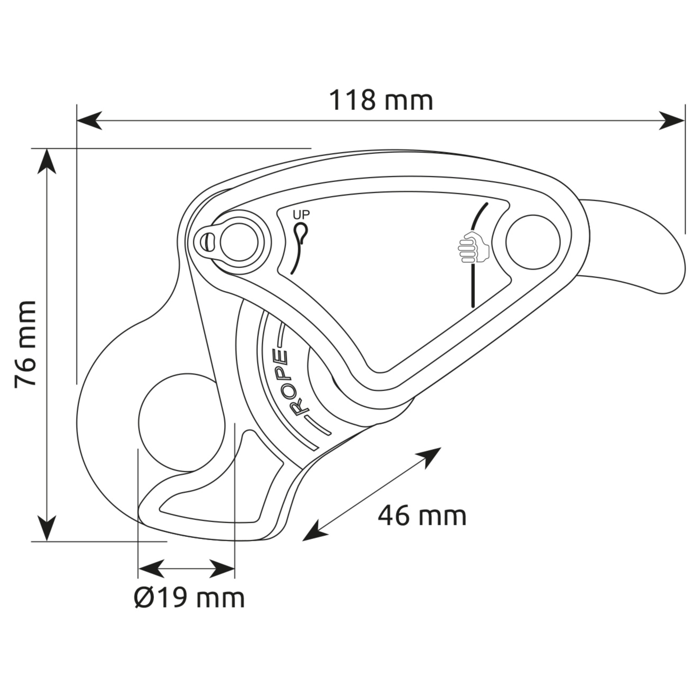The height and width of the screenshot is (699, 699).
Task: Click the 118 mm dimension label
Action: (381, 101)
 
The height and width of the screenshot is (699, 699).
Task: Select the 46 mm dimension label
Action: (422, 516)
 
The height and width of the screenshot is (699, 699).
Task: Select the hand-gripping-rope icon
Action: (473, 247)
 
